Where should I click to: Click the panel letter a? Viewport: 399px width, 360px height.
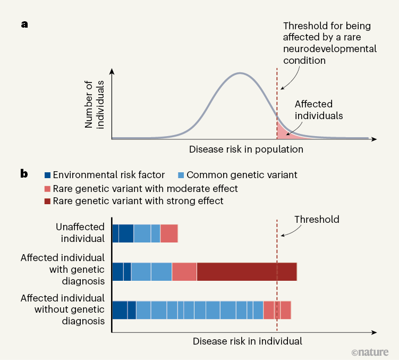(x=24, y=24)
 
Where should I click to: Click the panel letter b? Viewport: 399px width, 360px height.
(x=24, y=173)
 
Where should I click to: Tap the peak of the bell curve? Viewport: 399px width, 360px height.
(x=240, y=73)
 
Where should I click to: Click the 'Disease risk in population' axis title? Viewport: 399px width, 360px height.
(x=246, y=149)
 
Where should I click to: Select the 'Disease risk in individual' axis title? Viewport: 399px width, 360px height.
(x=247, y=341)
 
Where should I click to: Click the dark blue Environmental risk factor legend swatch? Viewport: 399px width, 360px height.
(x=47, y=174)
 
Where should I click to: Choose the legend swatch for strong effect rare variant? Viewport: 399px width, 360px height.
(x=47, y=201)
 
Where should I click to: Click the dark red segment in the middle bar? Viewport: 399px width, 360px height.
(x=247, y=271)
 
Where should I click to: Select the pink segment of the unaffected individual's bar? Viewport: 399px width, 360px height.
(x=169, y=233)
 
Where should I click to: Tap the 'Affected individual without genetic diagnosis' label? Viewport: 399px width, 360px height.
(x=63, y=309)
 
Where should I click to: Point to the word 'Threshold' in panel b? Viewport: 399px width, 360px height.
(x=317, y=219)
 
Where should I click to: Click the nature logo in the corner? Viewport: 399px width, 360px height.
(x=370, y=351)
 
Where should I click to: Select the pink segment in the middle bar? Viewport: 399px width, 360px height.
(x=184, y=271)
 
